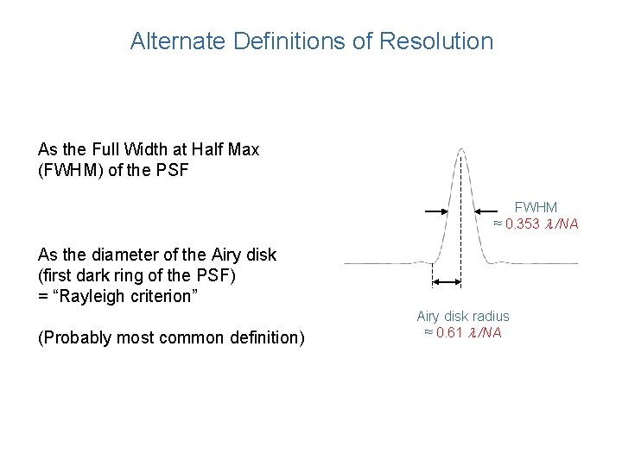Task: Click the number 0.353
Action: pyautogui.click(x=524, y=224)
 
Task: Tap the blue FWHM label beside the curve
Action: pyautogui.click(x=536, y=208)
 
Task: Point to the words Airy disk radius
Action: pyautogui.click(x=463, y=317)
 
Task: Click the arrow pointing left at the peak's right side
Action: pyautogui.click(x=489, y=209)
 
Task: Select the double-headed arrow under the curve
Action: pyautogui.click(x=446, y=280)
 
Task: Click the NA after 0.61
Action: pyautogui.click(x=492, y=332)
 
